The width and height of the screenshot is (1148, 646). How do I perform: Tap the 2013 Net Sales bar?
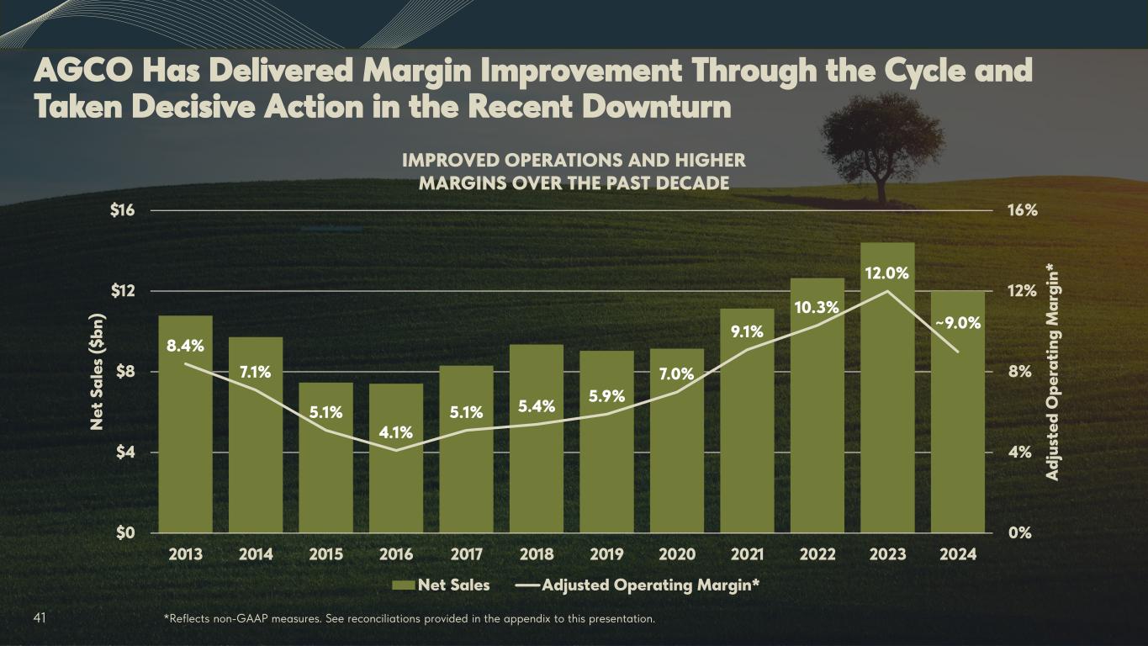coord(185,437)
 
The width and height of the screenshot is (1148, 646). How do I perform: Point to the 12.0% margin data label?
coord(887,273)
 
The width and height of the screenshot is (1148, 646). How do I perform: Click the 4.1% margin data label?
coord(396,432)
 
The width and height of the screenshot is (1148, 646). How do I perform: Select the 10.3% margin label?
coord(817,308)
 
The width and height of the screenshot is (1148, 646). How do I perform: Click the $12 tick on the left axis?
coord(123,291)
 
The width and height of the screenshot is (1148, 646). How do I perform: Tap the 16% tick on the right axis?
coord(1023,210)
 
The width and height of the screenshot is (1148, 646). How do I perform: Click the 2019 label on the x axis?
coord(606,555)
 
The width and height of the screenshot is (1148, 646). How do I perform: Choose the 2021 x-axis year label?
coord(747,555)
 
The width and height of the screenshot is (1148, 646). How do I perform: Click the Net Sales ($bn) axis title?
coord(98,371)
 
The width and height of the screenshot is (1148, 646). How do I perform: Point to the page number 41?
coord(40,619)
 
